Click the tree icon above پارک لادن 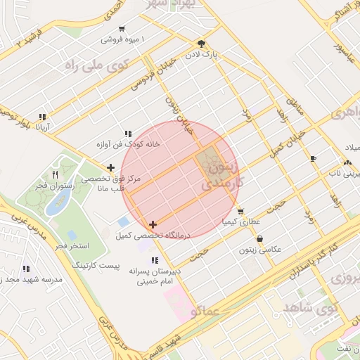tap(201, 42)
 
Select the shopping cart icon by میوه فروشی tap(122, 30)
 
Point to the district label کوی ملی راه tap(89, 65)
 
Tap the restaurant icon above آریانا tap(43, 117)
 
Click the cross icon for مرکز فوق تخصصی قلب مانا tap(110, 167)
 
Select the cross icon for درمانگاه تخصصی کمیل tap(153, 224)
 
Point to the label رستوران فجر tap(53, 186)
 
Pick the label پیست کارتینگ tap(96, 267)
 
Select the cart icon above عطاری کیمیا tap(240, 211)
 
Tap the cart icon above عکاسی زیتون tap(259, 238)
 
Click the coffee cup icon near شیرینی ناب tap(313, 158)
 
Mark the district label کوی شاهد tap(310, 309)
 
